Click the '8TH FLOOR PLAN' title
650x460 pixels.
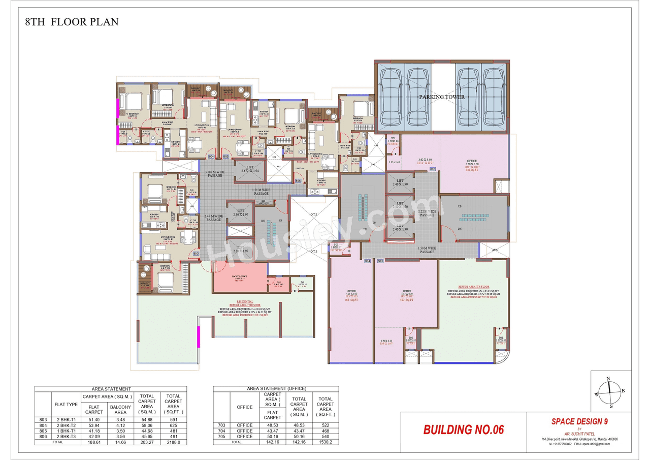point(72,22)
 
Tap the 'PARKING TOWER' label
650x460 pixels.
point(441,97)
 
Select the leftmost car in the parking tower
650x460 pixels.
point(389,95)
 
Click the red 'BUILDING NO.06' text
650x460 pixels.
point(463,430)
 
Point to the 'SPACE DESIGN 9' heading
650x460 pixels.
point(579,421)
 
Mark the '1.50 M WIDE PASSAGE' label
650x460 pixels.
point(427,250)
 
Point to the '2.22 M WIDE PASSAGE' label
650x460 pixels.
point(428,213)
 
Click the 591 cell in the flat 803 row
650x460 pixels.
point(173,419)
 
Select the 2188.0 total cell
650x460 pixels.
point(173,442)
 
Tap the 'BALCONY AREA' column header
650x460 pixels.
point(120,409)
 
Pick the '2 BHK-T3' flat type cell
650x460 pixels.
point(66,436)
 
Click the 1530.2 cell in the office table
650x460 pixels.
point(326,442)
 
